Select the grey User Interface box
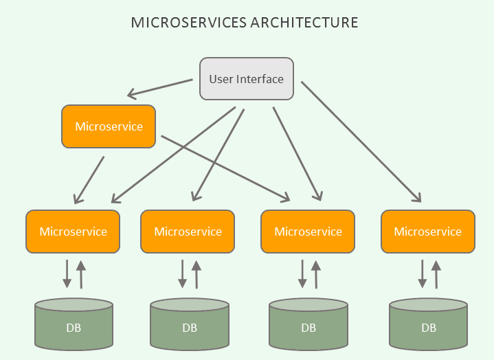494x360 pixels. [x=246, y=79]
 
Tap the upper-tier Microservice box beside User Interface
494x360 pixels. [x=109, y=126]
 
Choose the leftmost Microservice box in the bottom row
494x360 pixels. [x=73, y=232]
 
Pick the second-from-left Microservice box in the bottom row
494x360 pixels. [x=188, y=232]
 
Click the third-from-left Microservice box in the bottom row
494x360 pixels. [x=308, y=232]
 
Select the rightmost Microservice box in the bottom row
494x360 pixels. [x=427, y=232]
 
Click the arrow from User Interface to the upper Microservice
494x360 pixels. [x=159, y=88]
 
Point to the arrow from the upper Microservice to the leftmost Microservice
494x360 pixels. [x=89, y=180]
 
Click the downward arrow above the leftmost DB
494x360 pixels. [x=67, y=273]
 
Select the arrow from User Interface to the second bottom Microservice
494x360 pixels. [x=218, y=155]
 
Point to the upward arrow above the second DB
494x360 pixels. [x=197, y=273]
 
